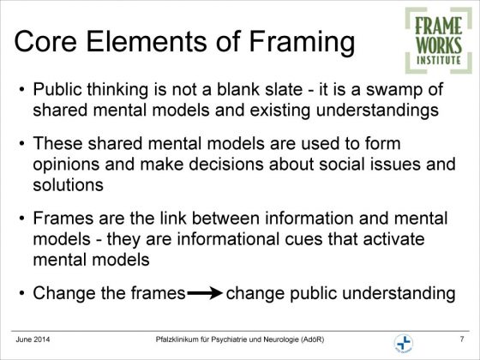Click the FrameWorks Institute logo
point(438,40)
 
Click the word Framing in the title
point(302,42)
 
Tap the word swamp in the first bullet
point(393,90)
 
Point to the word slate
point(284,89)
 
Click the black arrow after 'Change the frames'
point(205,293)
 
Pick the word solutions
point(69,185)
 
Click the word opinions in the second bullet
point(66,165)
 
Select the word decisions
point(226,164)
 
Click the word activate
point(393,239)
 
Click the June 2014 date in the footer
point(33,339)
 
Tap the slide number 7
point(462,339)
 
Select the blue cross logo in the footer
point(404,343)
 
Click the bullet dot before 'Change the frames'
point(21,293)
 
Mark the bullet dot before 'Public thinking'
point(21,90)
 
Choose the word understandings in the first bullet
point(377,111)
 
